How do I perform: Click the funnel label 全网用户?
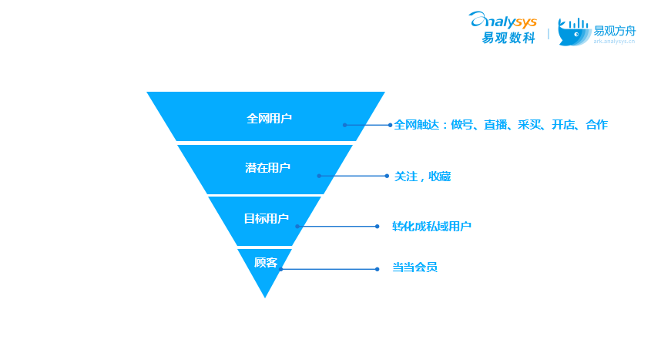[269, 119]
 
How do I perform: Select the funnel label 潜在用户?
[267, 168]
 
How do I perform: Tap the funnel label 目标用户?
[266, 219]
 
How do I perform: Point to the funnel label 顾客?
[266, 263]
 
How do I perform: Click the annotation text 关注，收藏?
[422, 177]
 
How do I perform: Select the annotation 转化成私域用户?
[431, 227]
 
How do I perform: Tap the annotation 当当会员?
[414, 268]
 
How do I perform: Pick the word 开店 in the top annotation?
[563, 125]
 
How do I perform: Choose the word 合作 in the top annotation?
[596, 125]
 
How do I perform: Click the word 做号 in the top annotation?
[462, 125]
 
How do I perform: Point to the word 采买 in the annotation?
[529, 125]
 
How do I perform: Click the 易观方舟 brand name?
[614, 31]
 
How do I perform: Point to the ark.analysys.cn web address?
[614, 42]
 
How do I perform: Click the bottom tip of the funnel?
[265, 296]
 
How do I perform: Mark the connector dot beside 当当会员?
[377, 269]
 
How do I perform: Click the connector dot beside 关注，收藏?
[387, 176]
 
